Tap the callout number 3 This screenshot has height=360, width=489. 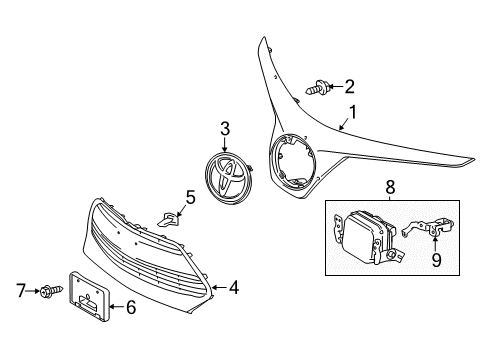225,127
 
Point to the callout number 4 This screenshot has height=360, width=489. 232,288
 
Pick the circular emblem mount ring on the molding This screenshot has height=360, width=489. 291,160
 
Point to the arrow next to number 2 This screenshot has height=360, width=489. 336,86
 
